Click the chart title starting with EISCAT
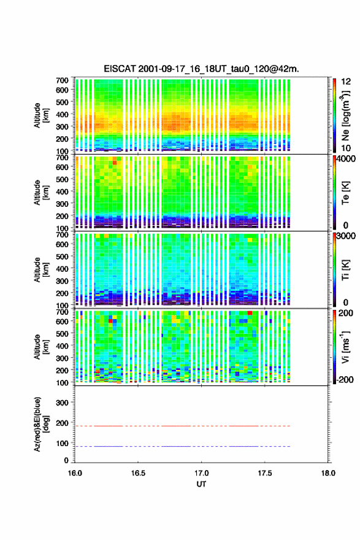pos(201,69)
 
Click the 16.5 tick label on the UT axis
pos(138,473)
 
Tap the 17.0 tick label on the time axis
pos(201,473)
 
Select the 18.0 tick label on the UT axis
pos(328,473)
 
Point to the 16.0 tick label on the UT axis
pos(75,473)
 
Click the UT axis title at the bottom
pos(201,484)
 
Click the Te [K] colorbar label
pos(345,193)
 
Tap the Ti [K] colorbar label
pos(345,270)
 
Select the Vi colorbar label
pos(345,347)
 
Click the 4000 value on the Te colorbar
pos(346,160)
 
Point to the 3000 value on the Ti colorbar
pos(346,236)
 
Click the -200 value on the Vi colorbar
pos(344,379)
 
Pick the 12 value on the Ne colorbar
pos(346,82)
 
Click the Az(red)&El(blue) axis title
pos(40,424)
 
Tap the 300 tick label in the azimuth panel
pos(62,403)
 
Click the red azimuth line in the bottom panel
pos(183,426)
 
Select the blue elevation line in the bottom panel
pos(183,446)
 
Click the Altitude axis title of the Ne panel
pos(40,115)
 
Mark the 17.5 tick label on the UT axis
pos(265,473)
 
